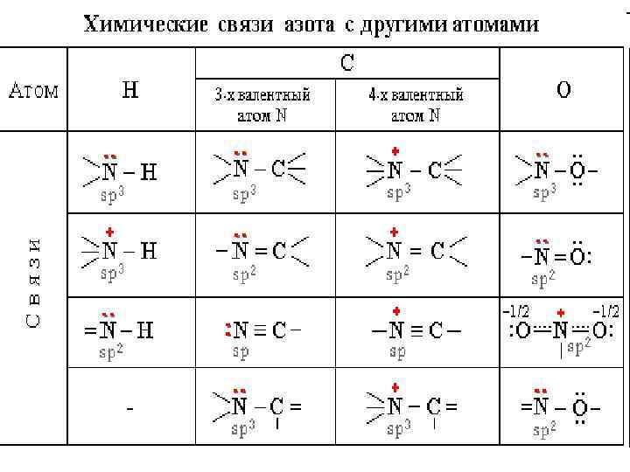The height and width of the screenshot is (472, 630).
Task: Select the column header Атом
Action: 34,91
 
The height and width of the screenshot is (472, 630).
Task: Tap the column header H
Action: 129,90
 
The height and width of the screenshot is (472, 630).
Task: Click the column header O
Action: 563,90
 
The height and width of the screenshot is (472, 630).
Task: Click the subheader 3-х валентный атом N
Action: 262,104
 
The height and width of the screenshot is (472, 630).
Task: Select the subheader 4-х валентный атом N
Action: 416,104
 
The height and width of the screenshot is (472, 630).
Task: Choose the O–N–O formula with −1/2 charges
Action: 560,330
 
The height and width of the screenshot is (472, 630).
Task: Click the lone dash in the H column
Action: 129,408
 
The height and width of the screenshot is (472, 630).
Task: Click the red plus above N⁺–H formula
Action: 109,233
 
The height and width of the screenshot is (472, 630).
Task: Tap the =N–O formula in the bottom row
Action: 559,406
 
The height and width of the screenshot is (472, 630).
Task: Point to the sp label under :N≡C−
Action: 240,351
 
